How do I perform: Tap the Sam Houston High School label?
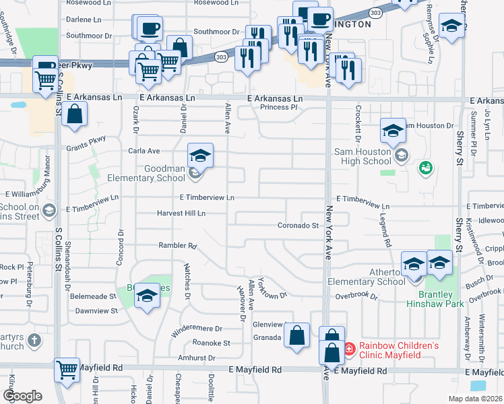click(x=363, y=156)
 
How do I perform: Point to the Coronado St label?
click(x=298, y=226)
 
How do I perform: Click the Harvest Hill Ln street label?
click(x=180, y=213)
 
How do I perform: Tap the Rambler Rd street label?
click(x=177, y=246)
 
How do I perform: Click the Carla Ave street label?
click(x=144, y=151)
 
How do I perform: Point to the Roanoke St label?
click(x=212, y=343)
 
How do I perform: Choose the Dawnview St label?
click(x=96, y=310)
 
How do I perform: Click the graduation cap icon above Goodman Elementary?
click(x=200, y=156)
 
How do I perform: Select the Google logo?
click(x=22, y=396)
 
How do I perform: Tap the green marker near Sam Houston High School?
click(x=425, y=167)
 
